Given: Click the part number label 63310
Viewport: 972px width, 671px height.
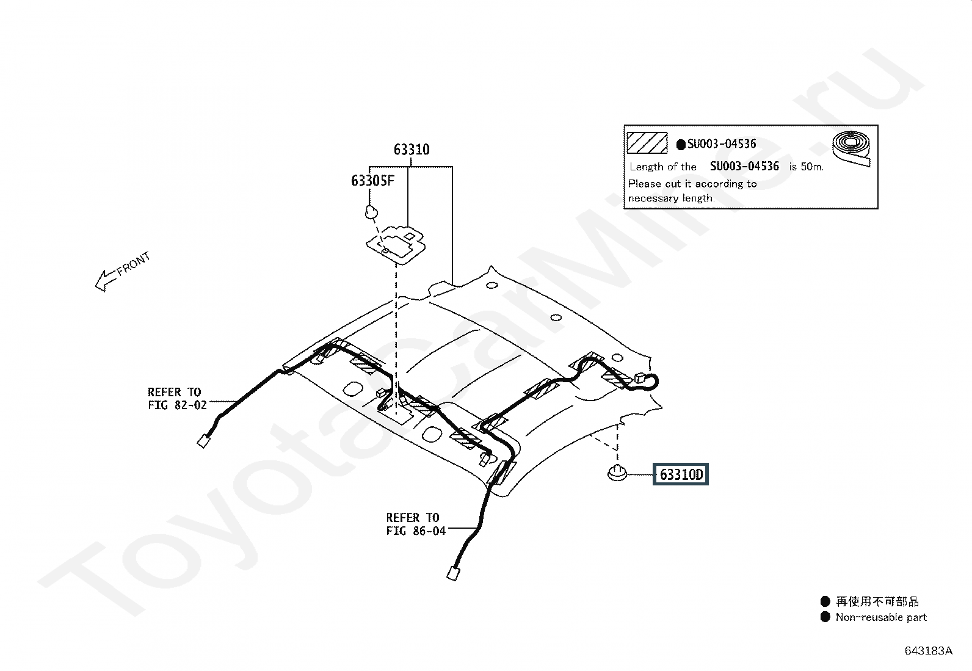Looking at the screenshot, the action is [412, 150].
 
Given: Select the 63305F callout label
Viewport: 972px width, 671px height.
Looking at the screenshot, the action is [373, 181].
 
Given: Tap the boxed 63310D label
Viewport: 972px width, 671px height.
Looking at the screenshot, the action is [680, 474].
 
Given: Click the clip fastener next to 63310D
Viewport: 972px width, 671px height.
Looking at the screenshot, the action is [617, 473].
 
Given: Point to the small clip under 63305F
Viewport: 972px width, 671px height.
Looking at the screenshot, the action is [371, 212].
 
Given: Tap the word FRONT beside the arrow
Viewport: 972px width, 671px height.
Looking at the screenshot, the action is [134, 263].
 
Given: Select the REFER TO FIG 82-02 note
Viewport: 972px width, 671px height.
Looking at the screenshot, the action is [177, 399].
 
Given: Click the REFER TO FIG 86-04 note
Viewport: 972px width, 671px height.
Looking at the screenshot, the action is [416, 524].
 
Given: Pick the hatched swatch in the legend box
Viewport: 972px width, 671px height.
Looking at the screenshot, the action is [647, 143].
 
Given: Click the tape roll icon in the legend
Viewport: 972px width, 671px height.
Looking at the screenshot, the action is [851, 148].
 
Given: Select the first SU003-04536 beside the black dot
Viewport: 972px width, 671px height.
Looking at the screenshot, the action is [722, 143].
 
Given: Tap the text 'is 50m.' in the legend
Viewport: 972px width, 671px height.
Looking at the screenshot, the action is [807, 167].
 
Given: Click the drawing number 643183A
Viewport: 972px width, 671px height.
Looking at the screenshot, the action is [928, 651].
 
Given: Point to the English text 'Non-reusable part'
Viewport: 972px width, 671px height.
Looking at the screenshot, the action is [881, 617].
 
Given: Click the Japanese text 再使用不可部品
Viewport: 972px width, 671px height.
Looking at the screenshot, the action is [877, 601].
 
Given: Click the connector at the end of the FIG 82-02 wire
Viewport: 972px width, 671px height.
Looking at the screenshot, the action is [203, 442].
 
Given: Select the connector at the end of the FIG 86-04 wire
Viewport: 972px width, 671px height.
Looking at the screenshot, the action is [453, 574].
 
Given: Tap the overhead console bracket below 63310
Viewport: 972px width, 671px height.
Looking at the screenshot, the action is [396, 244].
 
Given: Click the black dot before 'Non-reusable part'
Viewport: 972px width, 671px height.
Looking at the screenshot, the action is [825, 617].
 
